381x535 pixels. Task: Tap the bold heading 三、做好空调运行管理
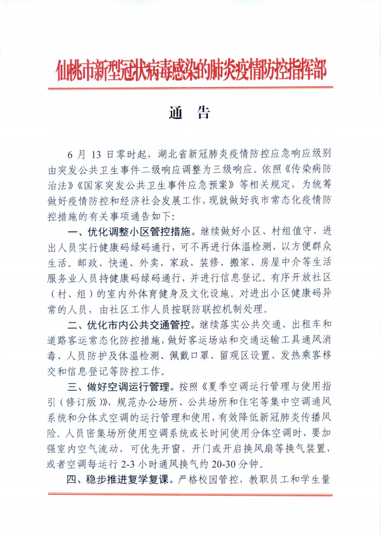(x=121, y=386)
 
